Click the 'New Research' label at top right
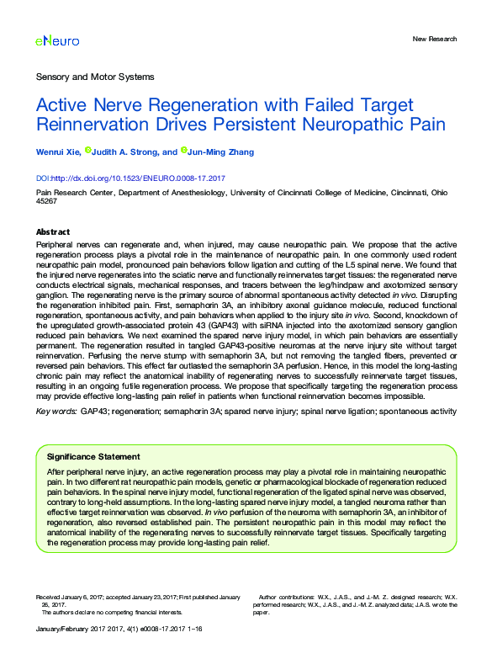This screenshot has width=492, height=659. (x=435, y=39)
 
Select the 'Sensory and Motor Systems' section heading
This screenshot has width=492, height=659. (x=95, y=77)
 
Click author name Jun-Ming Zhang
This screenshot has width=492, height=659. (x=220, y=152)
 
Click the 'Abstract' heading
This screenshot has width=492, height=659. (x=53, y=231)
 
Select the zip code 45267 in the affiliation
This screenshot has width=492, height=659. (x=46, y=201)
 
